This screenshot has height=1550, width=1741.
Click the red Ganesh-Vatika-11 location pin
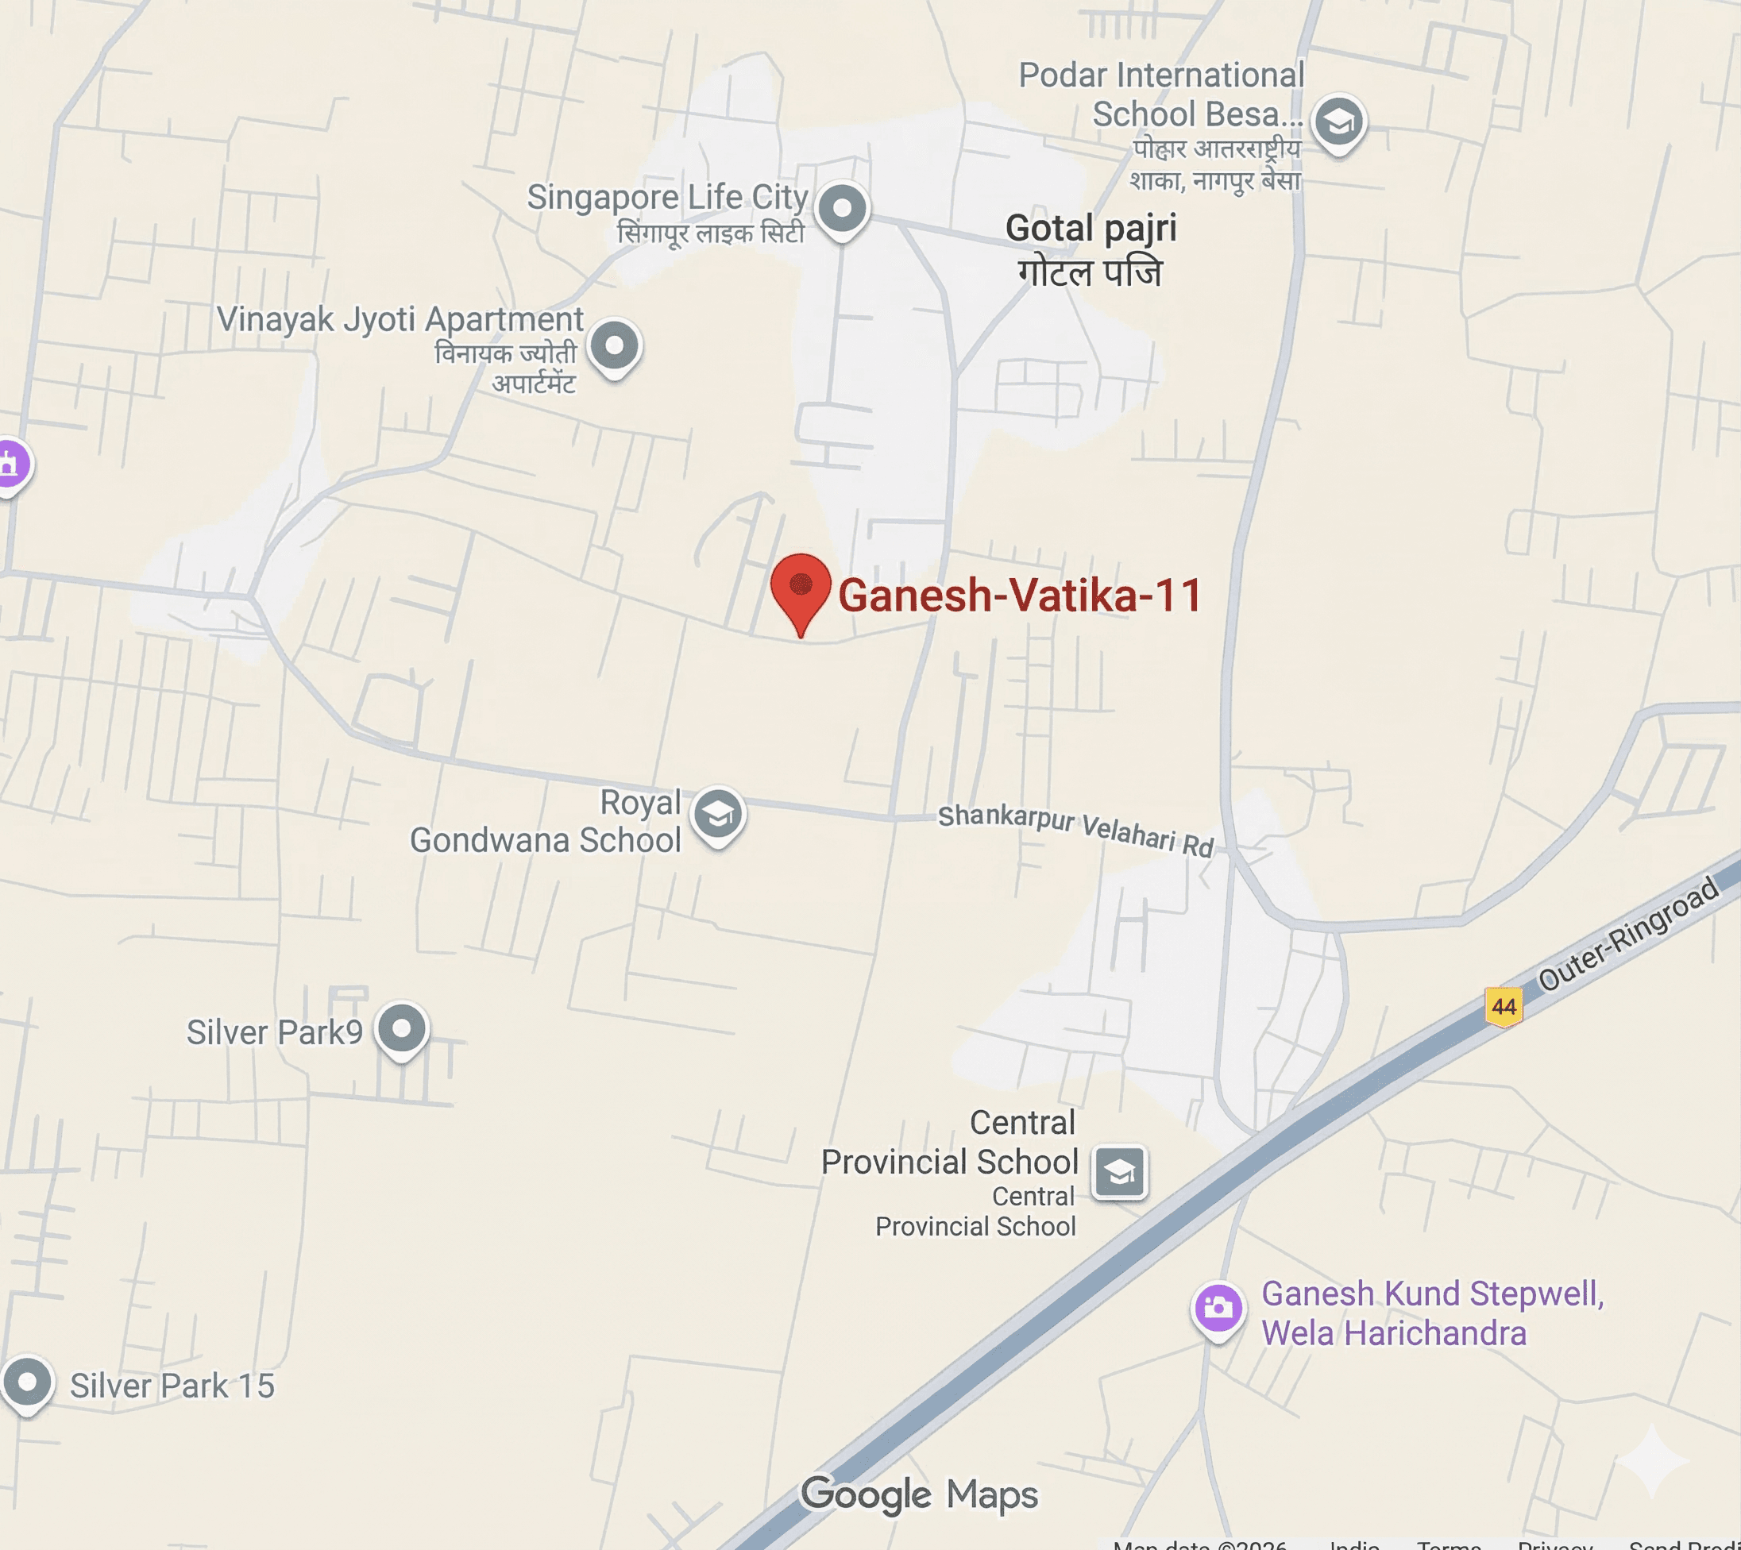(800, 586)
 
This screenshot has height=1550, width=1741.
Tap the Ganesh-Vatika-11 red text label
(1020, 595)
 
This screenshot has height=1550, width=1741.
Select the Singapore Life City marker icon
(843, 209)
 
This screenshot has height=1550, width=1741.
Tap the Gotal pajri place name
(1091, 228)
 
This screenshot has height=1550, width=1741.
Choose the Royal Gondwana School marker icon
(718, 814)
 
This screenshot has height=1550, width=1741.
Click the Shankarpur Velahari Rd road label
(1075, 829)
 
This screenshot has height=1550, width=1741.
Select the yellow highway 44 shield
(1504, 1006)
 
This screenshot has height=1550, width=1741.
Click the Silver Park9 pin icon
(402, 1029)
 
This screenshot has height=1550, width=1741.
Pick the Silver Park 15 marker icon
(27, 1382)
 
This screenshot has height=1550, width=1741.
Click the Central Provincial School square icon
(1119, 1173)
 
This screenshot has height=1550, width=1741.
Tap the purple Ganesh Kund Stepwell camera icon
(1218, 1307)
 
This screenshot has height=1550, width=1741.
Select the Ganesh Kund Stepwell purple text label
(1431, 1313)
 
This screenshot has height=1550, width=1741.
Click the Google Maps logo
(920, 1494)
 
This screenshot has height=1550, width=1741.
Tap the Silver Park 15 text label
(172, 1386)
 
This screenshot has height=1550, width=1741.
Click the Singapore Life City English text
(667, 197)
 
